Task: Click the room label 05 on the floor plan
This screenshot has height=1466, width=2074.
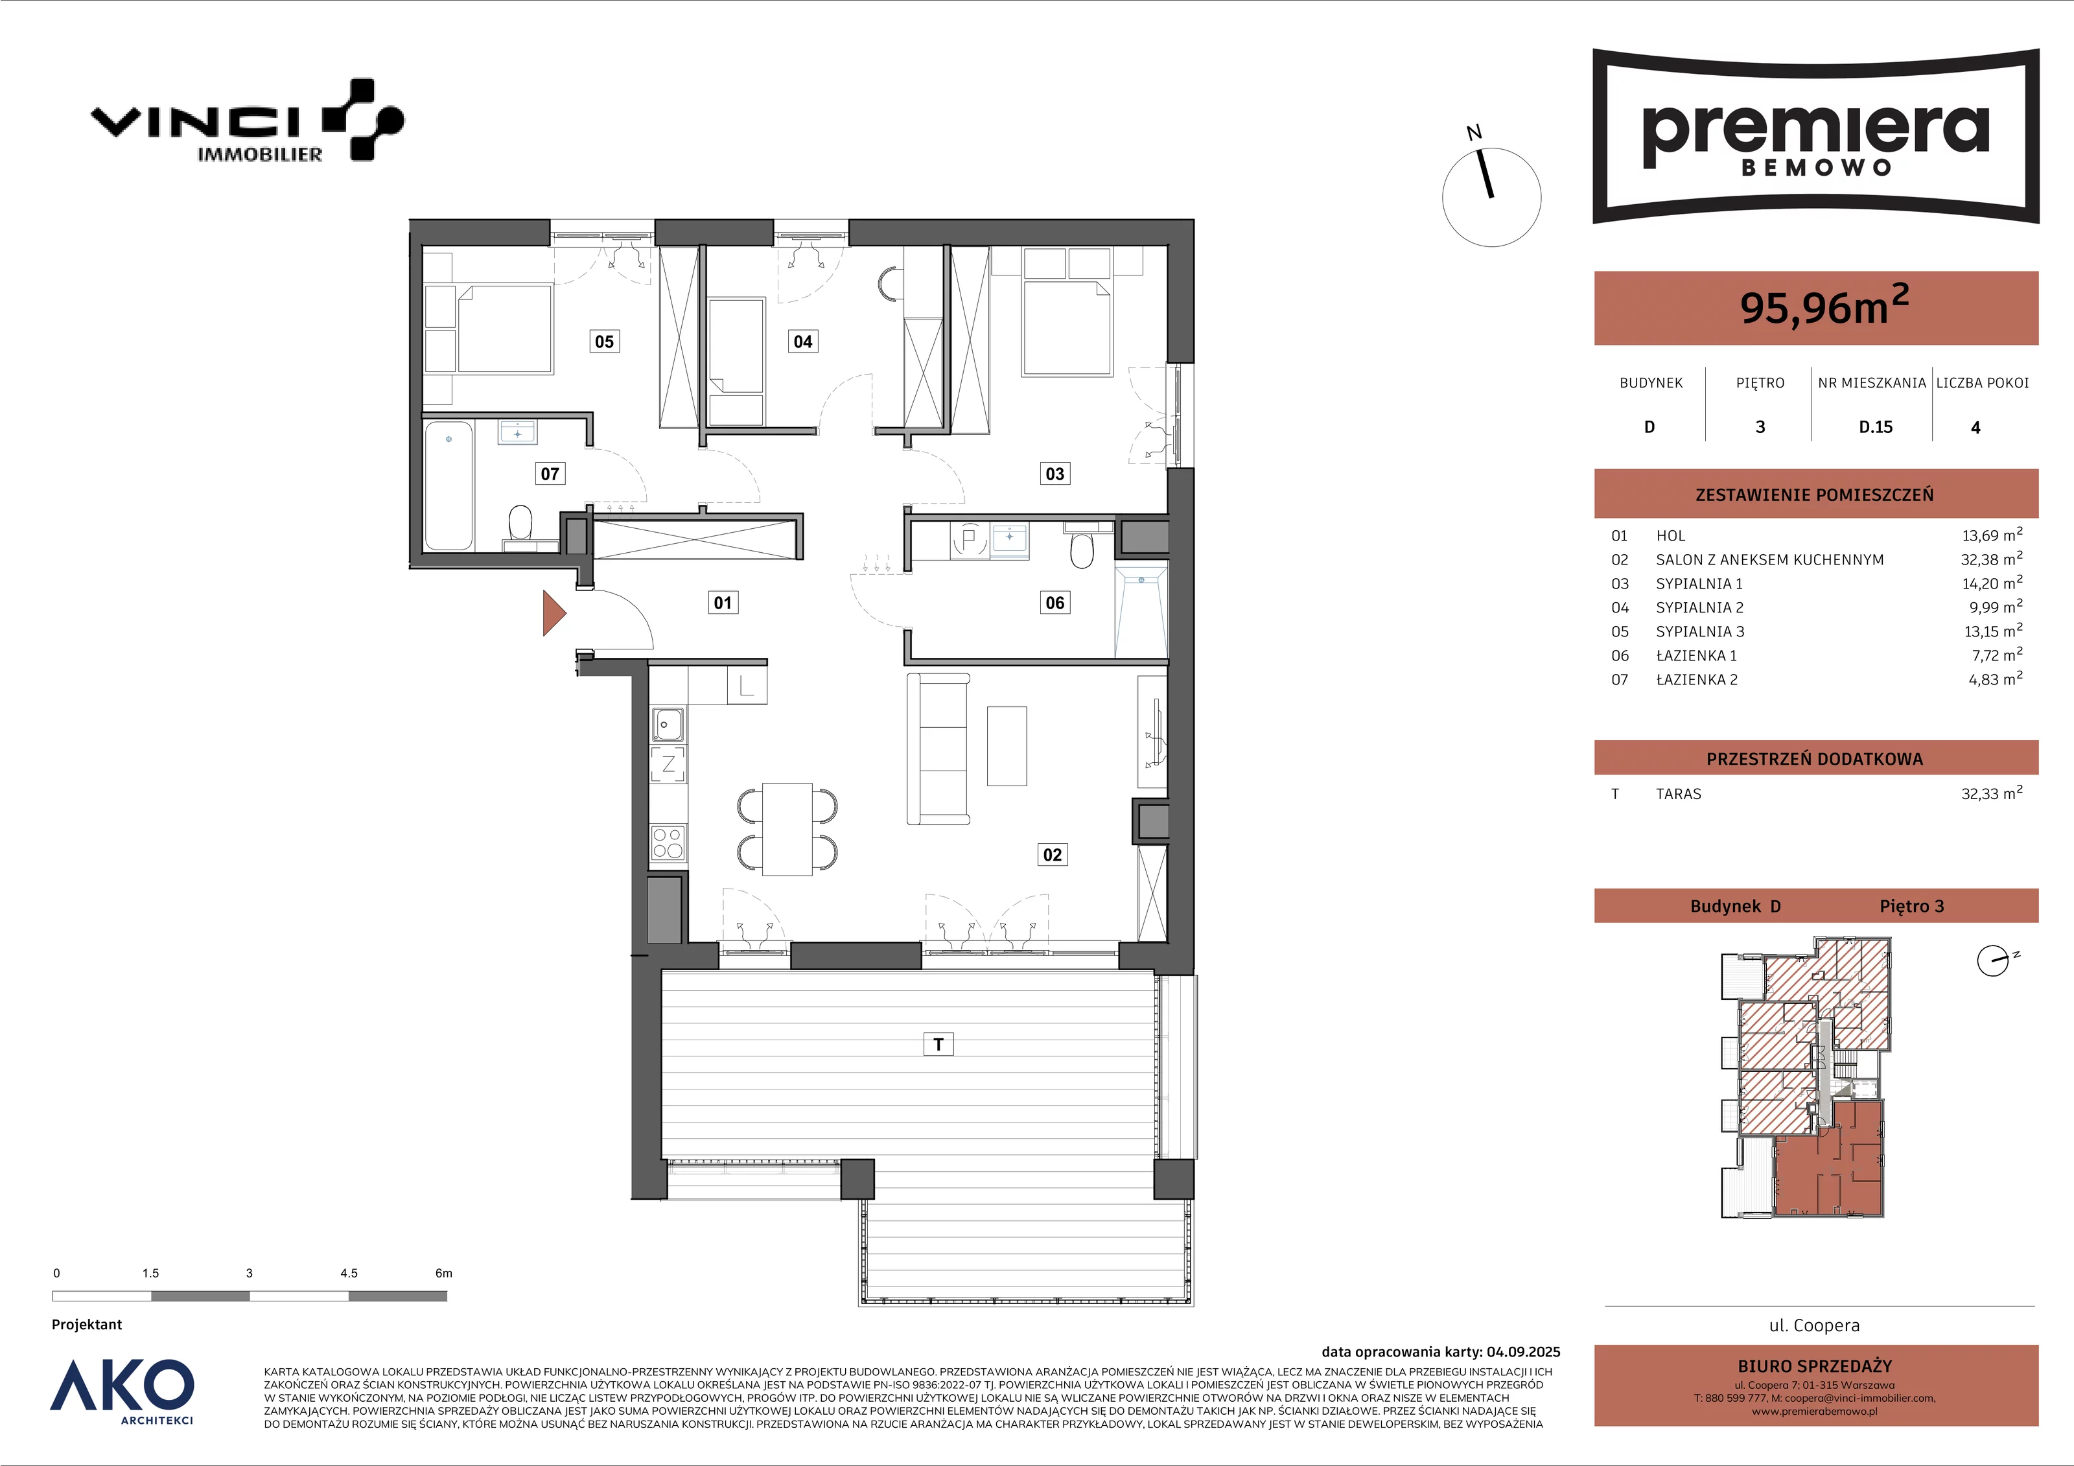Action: click(604, 342)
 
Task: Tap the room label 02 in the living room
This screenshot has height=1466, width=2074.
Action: click(1053, 854)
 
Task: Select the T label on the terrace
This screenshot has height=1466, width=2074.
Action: click(938, 1044)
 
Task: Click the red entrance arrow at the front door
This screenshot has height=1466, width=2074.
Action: click(553, 613)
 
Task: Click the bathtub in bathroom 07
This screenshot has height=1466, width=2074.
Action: click(449, 485)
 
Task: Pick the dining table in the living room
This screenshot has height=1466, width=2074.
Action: click(787, 829)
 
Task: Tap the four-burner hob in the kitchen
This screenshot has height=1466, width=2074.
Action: click(668, 843)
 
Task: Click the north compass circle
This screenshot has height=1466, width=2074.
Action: click(1491, 197)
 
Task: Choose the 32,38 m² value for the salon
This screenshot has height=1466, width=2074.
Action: click(1992, 559)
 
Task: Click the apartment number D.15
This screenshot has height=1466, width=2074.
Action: click(1875, 427)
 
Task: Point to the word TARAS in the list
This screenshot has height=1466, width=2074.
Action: click(1679, 794)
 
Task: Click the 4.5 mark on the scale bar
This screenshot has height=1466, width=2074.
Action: click(349, 1274)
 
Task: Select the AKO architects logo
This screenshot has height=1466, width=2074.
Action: click(122, 1391)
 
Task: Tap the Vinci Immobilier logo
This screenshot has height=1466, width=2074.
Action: click(248, 120)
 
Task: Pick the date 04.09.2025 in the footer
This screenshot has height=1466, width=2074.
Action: click(1523, 1352)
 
